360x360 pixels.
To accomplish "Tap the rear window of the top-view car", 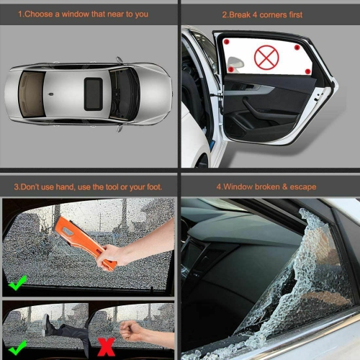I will coord(31,94).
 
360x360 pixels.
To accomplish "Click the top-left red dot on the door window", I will coord(225,42).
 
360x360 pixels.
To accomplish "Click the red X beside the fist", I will coord(106,347).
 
